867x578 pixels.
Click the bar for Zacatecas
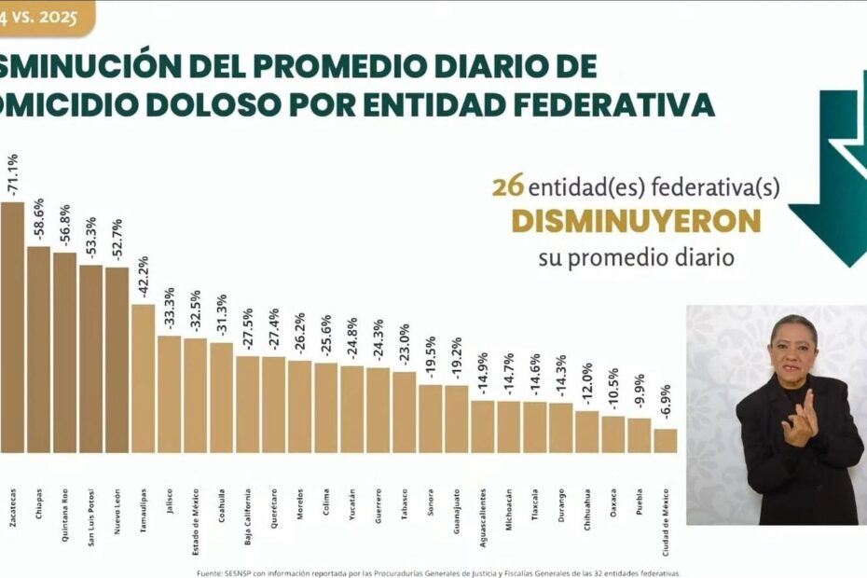pos(12,326)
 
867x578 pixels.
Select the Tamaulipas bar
pos(143,378)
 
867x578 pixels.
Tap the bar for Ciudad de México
pos(665,440)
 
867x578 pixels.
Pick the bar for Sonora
pos(430,418)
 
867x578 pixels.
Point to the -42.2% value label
pos(144,278)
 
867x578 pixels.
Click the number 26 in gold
pos(507,187)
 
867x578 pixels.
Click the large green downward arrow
pos(832,186)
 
